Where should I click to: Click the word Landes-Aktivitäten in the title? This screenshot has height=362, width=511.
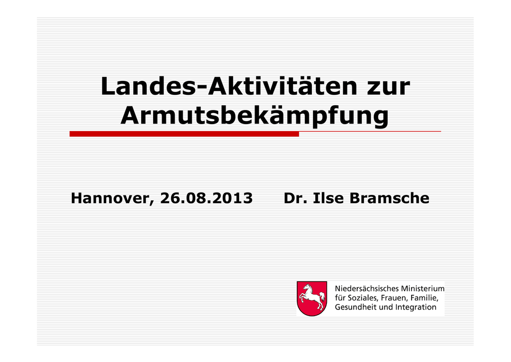[229, 86]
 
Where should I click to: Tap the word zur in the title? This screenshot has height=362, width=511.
[388, 88]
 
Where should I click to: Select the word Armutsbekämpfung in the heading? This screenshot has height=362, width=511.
[255, 116]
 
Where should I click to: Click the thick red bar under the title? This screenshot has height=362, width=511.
[184, 134]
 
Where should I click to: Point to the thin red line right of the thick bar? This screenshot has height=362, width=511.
[370, 131]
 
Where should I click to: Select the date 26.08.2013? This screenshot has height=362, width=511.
[206, 198]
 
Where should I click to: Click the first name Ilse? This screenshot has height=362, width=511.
[328, 198]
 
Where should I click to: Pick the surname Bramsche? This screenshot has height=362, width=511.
[389, 198]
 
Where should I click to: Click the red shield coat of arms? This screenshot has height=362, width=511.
[312, 298]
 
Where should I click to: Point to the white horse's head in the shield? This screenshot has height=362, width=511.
[307, 287]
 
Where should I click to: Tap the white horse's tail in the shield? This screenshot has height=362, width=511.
[322, 296]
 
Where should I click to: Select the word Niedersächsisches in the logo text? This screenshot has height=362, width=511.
[367, 288]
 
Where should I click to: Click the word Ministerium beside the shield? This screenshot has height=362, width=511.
[423, 288]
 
